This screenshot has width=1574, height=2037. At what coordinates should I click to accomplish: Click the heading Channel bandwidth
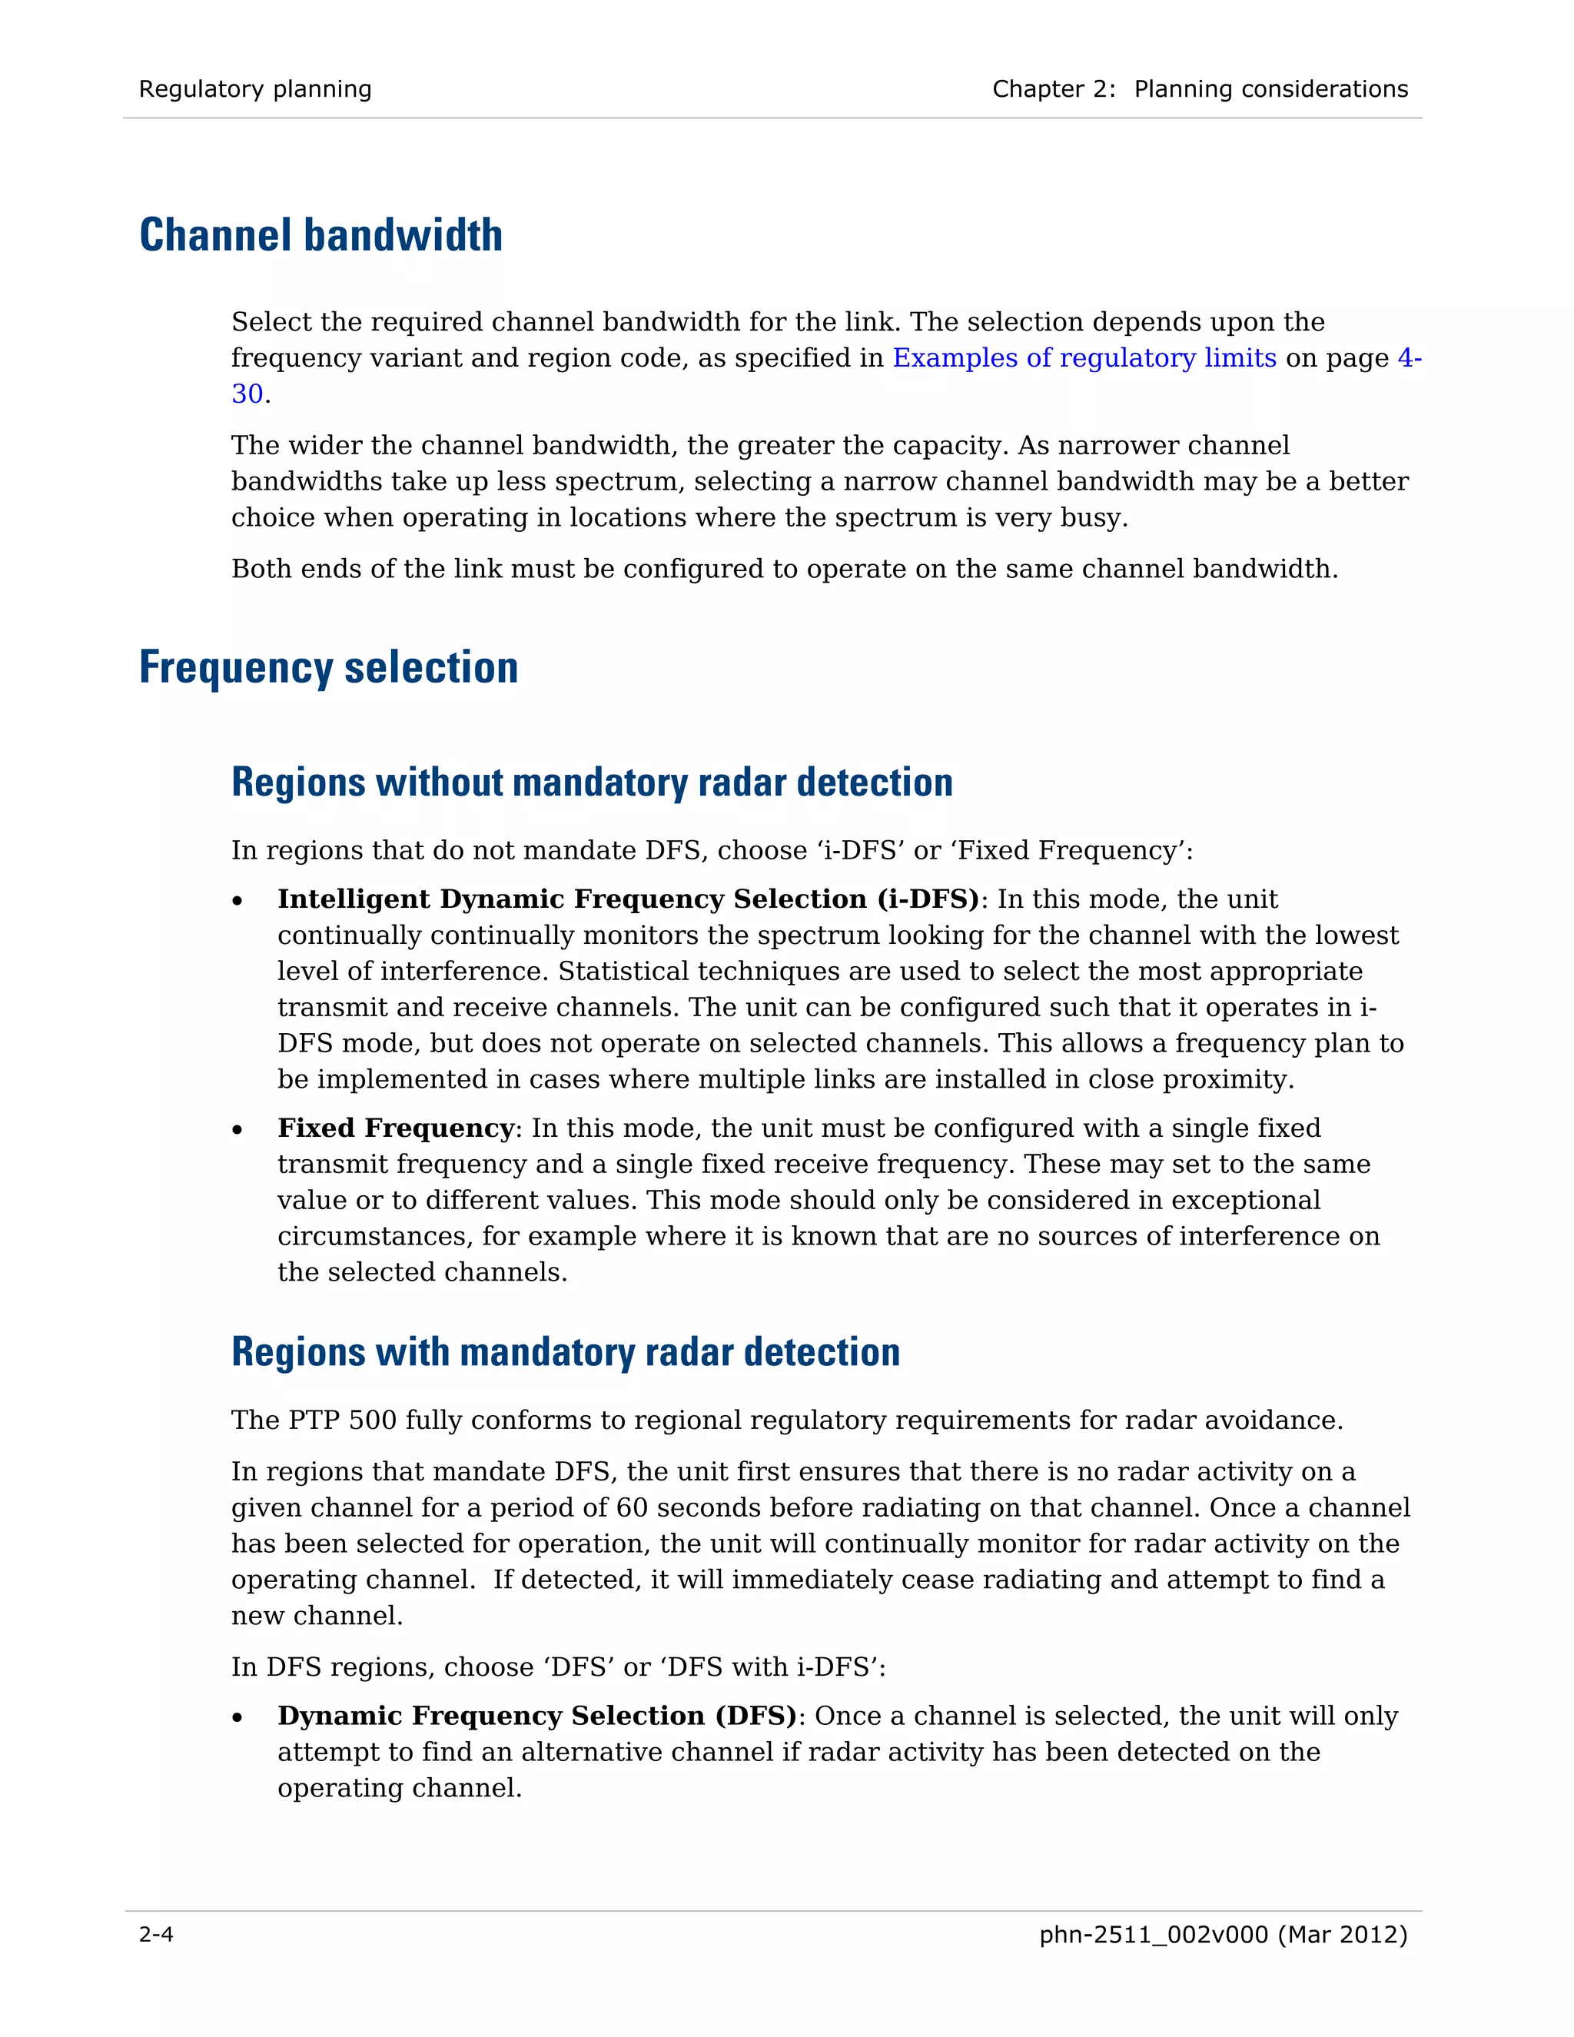tap(320, 235)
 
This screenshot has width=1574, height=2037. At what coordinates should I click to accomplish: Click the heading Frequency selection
tap(328, 668)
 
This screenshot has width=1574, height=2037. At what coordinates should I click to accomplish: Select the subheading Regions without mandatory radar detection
tap(592, 782)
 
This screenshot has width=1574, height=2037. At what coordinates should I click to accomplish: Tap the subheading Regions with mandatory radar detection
tap(565, 1351)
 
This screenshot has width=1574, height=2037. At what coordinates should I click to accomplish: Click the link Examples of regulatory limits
tap(1084, 358)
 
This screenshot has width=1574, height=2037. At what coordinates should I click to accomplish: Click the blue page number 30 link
tap(247, 394)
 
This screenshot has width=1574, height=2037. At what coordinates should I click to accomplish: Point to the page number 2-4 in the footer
tap(156, 1935)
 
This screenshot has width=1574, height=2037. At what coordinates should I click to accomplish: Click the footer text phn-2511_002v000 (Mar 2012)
tap(1223, 1935)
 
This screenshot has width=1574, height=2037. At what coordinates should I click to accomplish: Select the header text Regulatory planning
tap(254, 89)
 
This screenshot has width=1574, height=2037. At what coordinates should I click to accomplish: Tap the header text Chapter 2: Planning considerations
tap(1199, 89)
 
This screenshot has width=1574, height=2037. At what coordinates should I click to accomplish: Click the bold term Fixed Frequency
tap(395, 1128)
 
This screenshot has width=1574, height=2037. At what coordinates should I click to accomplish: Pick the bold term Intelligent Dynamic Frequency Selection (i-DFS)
tap(628, 899)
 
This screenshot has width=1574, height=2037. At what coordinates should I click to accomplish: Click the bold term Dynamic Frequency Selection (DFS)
tap(537, 1716)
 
